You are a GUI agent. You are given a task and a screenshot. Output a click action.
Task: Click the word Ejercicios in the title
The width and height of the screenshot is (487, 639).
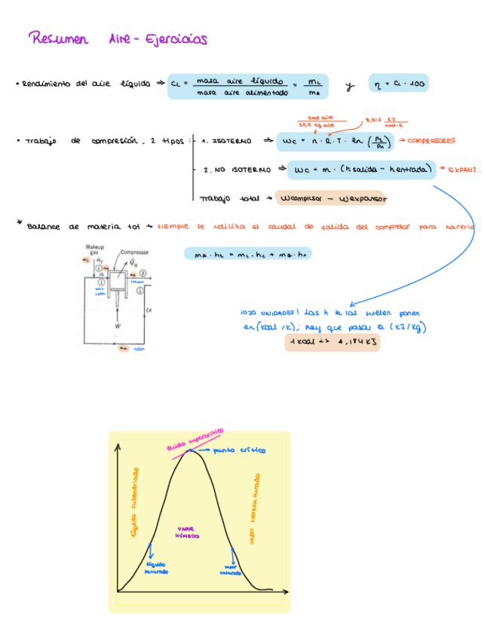pyautogui.click(x=176, y=38)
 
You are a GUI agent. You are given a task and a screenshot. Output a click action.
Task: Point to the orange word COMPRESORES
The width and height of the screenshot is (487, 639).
pyautogui.click(x=430, y=140)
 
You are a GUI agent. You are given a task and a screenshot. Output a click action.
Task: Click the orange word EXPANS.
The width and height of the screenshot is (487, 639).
pyautogui.click(x=464, y=170)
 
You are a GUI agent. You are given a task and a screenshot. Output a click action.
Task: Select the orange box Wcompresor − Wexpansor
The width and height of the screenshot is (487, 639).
pyautogui.click(x=332, y=198)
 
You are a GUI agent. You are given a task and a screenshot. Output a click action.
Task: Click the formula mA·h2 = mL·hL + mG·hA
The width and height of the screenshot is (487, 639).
pyautogui.click(x=249, y=254)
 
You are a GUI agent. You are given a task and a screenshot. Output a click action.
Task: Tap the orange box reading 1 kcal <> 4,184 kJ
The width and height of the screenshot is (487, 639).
pyautogui.click(x=332, y=342)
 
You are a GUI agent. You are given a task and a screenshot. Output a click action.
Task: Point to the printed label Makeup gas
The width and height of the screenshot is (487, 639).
pyautogui.click(x=94, y=249)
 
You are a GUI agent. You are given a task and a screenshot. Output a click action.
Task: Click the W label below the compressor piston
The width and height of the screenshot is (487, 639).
pyautogui.click(x=117, y=327)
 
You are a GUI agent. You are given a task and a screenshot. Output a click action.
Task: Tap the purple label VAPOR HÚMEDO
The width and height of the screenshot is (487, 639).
pyautogui.click(x=186, y=532)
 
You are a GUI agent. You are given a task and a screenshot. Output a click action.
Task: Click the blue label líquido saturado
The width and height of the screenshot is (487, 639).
pyautogui.click(x=157, y=567)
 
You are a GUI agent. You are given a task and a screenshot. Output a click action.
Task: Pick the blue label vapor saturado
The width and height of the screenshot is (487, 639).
pyautogui.click(x=231, y=570)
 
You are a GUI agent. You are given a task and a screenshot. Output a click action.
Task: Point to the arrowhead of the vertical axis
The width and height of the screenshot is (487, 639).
pyautogui.click(x=118, y=447)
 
